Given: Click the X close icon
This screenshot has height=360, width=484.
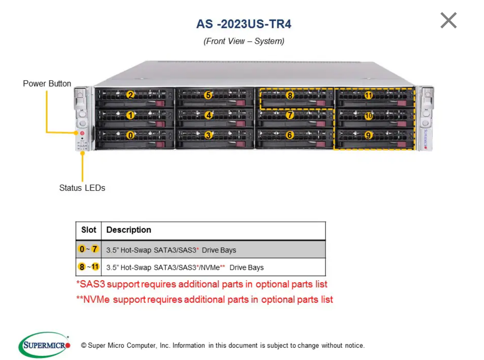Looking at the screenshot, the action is click(448, 20).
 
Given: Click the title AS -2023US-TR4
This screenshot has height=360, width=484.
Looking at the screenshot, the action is click(243, 24).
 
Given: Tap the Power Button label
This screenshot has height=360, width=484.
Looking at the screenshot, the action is click(47, 83).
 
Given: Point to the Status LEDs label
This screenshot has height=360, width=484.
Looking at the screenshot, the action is click(82, 188).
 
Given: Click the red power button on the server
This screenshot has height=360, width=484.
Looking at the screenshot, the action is click(82, 133).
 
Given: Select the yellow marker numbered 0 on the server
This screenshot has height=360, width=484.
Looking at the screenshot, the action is click(131, 135).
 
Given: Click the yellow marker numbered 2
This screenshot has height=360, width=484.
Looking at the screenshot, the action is click(131, 95).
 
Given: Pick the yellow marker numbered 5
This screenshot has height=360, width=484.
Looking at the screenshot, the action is click(209, 95).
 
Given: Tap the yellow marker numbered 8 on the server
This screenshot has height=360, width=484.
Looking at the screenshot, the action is click(290, 95).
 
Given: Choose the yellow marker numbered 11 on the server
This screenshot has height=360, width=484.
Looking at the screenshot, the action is click(368, 95).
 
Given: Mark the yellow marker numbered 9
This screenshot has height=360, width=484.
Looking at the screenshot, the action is click(368, 135).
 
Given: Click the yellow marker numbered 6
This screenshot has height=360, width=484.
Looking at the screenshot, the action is click(290, 135).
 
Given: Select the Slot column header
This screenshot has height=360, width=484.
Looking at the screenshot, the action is click(89, 230).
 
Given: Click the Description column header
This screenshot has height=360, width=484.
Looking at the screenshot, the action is click(129, 230).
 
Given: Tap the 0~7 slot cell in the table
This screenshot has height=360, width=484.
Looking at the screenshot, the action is click(88, 249).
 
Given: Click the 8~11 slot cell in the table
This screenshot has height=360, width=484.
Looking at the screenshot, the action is click(89, 267).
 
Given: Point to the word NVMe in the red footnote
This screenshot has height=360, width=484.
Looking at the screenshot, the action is click(96, 299).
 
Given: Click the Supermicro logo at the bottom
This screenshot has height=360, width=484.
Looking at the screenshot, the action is click(45, 345).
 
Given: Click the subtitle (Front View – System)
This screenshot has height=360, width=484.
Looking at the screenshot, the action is click(244, 41).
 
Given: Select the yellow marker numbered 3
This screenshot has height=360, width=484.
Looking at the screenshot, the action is click(209, 135).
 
